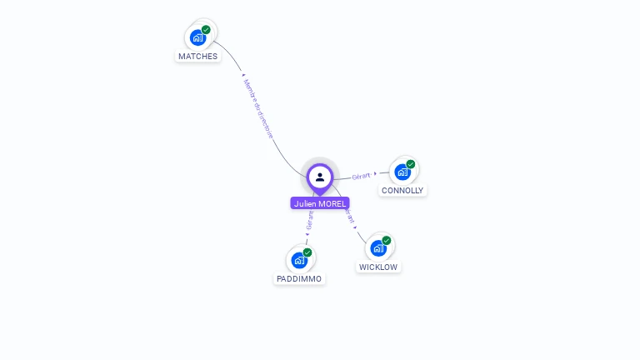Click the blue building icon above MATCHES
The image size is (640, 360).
click(x=197, y=37)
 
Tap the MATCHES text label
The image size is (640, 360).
click(x=197, y=57)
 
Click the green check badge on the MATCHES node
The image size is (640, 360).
click(x=206, y=30)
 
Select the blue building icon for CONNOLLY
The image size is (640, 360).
click(x=402, y=172)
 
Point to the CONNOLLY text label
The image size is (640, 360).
click(x=402, y=191)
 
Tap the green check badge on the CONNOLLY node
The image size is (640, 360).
click(x=411, y=164)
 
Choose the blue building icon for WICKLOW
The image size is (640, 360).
click(x=378, y=248)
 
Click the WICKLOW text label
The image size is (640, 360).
click(x=378, y=267)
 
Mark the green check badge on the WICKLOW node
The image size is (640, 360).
click(x=387, y=240)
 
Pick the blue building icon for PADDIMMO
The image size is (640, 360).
click(x=299, y=260)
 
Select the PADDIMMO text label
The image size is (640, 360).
click(x=299, y=279)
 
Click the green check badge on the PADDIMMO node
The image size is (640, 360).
click(x=307, y=252)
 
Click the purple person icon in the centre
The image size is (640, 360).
click(x=320, y=177)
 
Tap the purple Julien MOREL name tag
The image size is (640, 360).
click(x=320, y=203)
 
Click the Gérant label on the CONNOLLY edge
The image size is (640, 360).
click(x=361, y=176)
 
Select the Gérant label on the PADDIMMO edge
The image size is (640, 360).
click(x=310, y=220)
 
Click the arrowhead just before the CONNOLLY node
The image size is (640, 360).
click(x=376, y=174)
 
